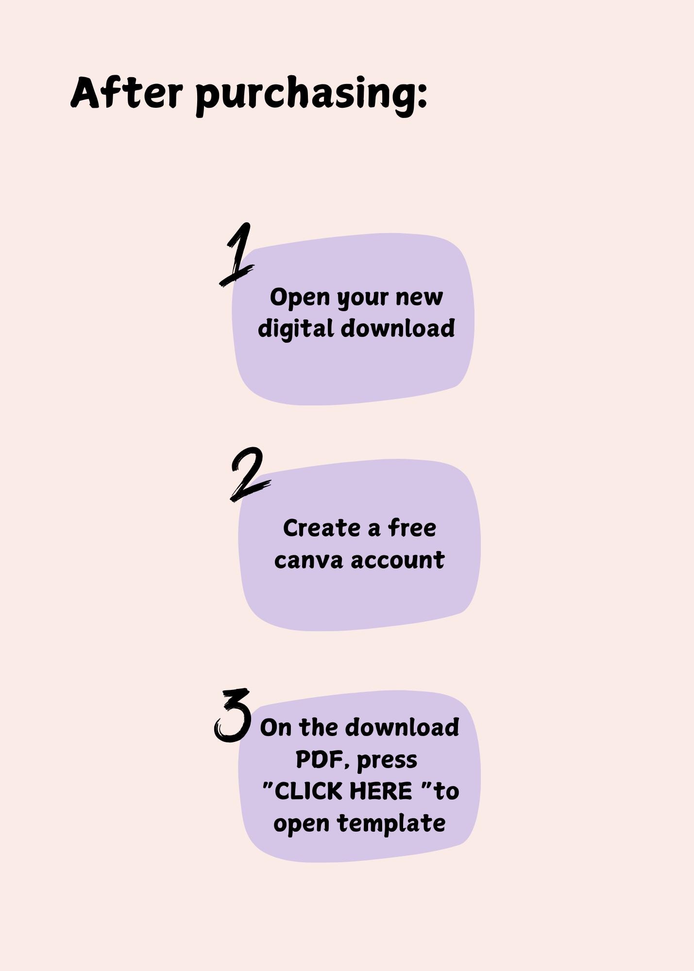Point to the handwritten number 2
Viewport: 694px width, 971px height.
pos(249,474)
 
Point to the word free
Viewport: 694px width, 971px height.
pos(412,528)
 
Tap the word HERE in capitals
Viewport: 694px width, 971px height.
pos(381,791)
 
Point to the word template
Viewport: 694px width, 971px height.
pos(391,824)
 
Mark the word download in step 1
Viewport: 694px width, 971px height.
pos(398,328)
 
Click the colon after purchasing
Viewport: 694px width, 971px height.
pos(422,94)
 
